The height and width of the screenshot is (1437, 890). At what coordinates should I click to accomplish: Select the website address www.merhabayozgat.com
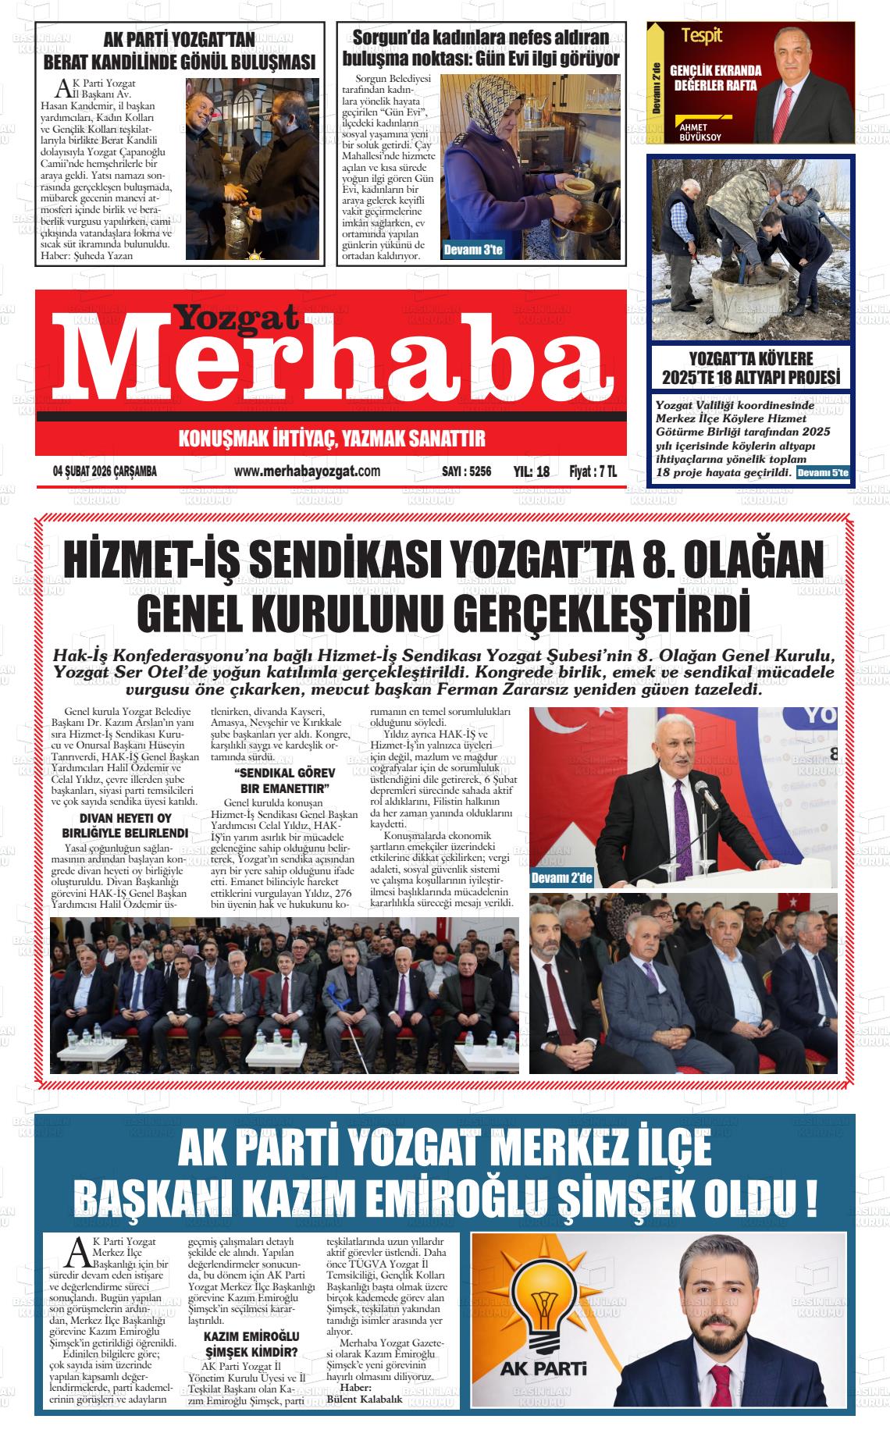(x=307, y=471)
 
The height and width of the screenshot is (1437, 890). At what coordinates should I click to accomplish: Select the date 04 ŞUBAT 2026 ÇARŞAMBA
(x=105, y=471)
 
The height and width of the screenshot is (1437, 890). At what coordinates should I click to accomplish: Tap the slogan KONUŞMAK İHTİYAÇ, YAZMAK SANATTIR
(x=332, y=439)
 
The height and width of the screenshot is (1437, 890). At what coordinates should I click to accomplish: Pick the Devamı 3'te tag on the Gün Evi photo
(x=473, y=251)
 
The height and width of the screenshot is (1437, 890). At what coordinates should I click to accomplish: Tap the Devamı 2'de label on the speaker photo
(x=561, y=879)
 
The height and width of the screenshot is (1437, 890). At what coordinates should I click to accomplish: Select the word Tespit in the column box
(x=702, y=36)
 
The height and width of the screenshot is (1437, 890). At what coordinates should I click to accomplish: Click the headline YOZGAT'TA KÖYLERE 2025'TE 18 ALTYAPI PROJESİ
(x=750, y=368)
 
